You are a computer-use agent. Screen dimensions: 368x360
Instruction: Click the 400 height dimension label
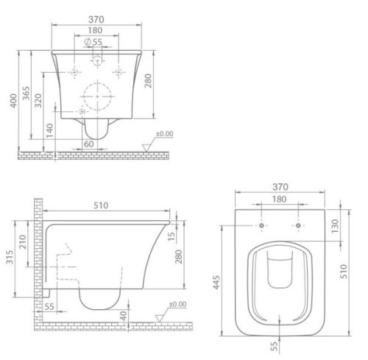(14, 100)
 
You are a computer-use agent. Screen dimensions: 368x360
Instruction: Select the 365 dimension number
(26, 93)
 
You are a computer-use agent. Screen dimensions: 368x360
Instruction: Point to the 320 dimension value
(38, 100)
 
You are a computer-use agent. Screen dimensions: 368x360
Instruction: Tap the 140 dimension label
(49, 130)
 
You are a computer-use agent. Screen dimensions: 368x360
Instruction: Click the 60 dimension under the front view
(88, 144)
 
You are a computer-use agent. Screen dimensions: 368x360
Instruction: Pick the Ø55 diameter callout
(93, 42)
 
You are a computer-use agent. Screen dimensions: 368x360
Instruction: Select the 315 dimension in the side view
(10, 257)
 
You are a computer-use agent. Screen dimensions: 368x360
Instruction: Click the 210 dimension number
(23, 241)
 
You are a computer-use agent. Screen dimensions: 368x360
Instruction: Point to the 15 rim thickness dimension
(171, 236)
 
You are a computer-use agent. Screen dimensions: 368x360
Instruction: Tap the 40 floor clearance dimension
(124, 316)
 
